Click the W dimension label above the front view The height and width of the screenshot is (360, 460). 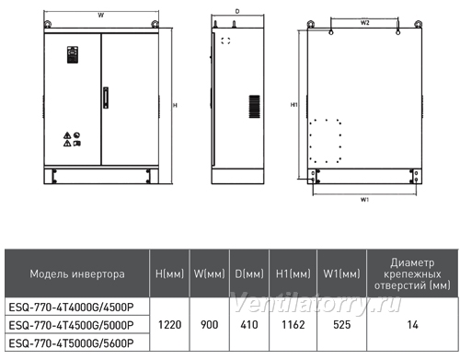click(101, 15)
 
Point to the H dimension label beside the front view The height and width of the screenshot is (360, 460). click(175, 105)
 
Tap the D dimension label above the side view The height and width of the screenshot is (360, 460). click(237, 11)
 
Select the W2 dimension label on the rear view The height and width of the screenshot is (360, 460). click(364, 22)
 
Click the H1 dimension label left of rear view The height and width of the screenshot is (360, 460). click(294, 105)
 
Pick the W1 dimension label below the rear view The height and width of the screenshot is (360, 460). click(364, 200)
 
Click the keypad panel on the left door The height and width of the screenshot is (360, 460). click(73, 54)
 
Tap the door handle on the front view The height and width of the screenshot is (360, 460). click(106, 98)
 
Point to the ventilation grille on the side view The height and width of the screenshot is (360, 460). click(254, 107)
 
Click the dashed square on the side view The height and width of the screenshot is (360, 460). click(225, 41)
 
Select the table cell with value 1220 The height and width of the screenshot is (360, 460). click(169, 324)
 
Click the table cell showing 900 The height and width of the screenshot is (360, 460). click(210, 324)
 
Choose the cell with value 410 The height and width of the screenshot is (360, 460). click(249, 324)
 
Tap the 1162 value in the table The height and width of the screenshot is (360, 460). click(293, 324)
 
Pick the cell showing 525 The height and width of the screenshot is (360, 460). click(341, 324)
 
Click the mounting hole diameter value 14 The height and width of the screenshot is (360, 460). click(412, 324)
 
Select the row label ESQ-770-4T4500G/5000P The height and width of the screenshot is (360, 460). click(72, 325)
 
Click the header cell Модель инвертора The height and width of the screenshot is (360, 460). click(77, 273)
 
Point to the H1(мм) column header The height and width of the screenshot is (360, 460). click(293, 273)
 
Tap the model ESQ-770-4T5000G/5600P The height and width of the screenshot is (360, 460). click(72, 343)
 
